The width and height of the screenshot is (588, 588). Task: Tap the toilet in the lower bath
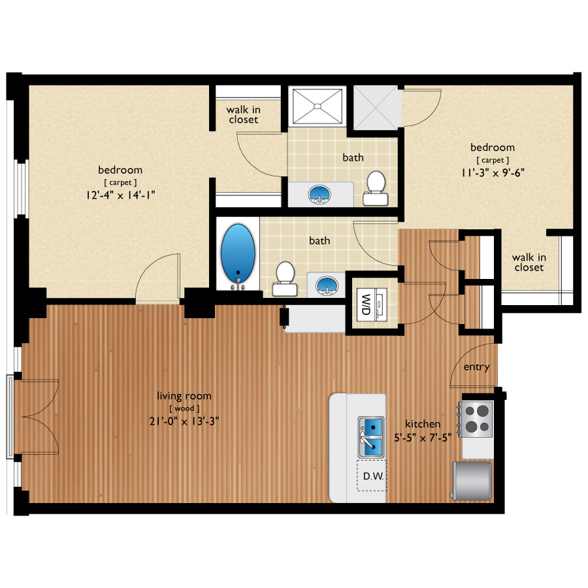[x=284, y=277]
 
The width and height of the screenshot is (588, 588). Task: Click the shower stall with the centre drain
[x=317, y=105]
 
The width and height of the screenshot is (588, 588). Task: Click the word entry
[x=476, y=367]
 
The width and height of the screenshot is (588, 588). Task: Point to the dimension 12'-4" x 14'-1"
[x=119, y=194]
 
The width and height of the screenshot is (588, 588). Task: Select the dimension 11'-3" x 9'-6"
[x=492, y=173]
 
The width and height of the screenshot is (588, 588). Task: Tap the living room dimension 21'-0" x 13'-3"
[x=184, y=421]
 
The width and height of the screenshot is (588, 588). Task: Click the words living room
[x=184, y=396]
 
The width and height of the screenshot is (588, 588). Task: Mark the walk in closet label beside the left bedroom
[x=242, y=114]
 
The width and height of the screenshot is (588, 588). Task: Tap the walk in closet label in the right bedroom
[x=529, y=262]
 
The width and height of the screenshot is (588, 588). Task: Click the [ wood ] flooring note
[x=184, y=408]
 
